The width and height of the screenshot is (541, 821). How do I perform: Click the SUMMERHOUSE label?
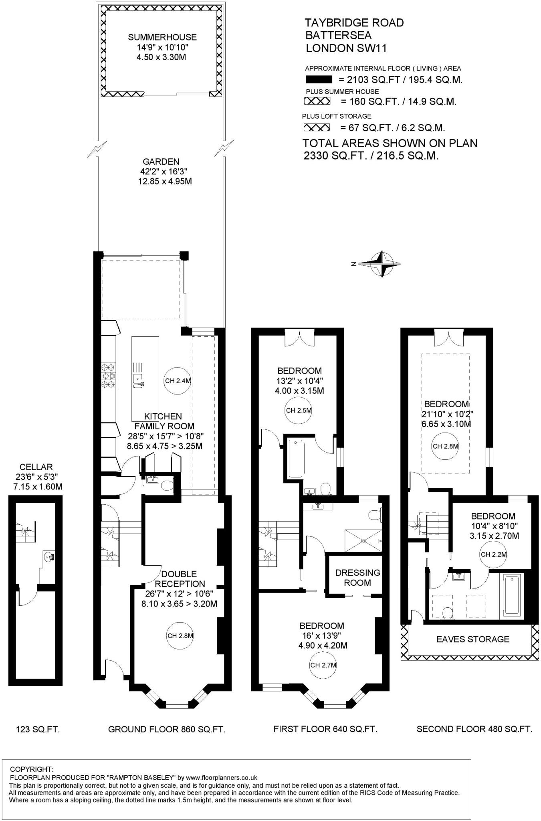click(162, 37)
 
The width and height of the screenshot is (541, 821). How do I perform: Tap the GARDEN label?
click(161, 162)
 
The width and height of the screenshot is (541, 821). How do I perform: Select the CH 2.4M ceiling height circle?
click(178, 381)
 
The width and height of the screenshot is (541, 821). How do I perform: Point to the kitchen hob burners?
click(109, 376)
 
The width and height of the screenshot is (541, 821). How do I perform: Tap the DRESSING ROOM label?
click(357, 578)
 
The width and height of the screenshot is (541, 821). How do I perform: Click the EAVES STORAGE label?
click(473, 639)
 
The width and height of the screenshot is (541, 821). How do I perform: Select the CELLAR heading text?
click(36, 467)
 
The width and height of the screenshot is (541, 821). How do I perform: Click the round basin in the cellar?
click(49, 556)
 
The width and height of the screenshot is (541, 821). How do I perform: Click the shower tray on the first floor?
click(363, 541)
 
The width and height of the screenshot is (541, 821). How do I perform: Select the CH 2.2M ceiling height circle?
click(494, 555)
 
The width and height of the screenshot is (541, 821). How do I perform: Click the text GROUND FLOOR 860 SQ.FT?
click(167, 729)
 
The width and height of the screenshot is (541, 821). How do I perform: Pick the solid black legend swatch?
click(319, 79)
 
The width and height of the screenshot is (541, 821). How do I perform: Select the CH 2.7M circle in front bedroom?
click(323, 665)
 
